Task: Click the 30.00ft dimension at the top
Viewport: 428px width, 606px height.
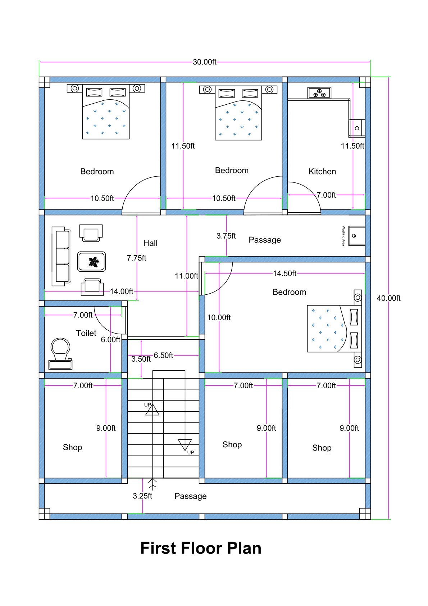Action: [x=204, y=62]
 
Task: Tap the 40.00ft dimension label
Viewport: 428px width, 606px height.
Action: [x=388, y=298]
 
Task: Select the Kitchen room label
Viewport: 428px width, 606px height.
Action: [x=322, y=172]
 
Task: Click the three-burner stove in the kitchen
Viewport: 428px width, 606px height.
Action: [x=319, y=93]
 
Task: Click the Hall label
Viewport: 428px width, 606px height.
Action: [x=150, y=243]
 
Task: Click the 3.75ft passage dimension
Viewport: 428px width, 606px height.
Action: [x=226, y=236]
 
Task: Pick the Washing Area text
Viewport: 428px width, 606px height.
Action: [x=343, y=236]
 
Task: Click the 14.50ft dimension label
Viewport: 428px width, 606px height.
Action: [x=284, y=274]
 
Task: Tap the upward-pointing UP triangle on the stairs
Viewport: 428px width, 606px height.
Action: [x=152, y=410]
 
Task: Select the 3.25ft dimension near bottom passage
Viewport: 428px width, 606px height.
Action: [x=142, y=496]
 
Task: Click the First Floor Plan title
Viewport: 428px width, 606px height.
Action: [x=201, y=548]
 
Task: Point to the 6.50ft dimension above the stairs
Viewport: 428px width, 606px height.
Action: [x=163, y=356]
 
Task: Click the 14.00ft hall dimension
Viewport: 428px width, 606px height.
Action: [x=121, y=291]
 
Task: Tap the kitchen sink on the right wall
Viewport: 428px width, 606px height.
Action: [x=357, y=128]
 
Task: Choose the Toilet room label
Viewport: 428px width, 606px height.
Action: [x=86, y=333]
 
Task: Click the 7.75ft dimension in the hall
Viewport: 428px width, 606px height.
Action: [x=136, y=258]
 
